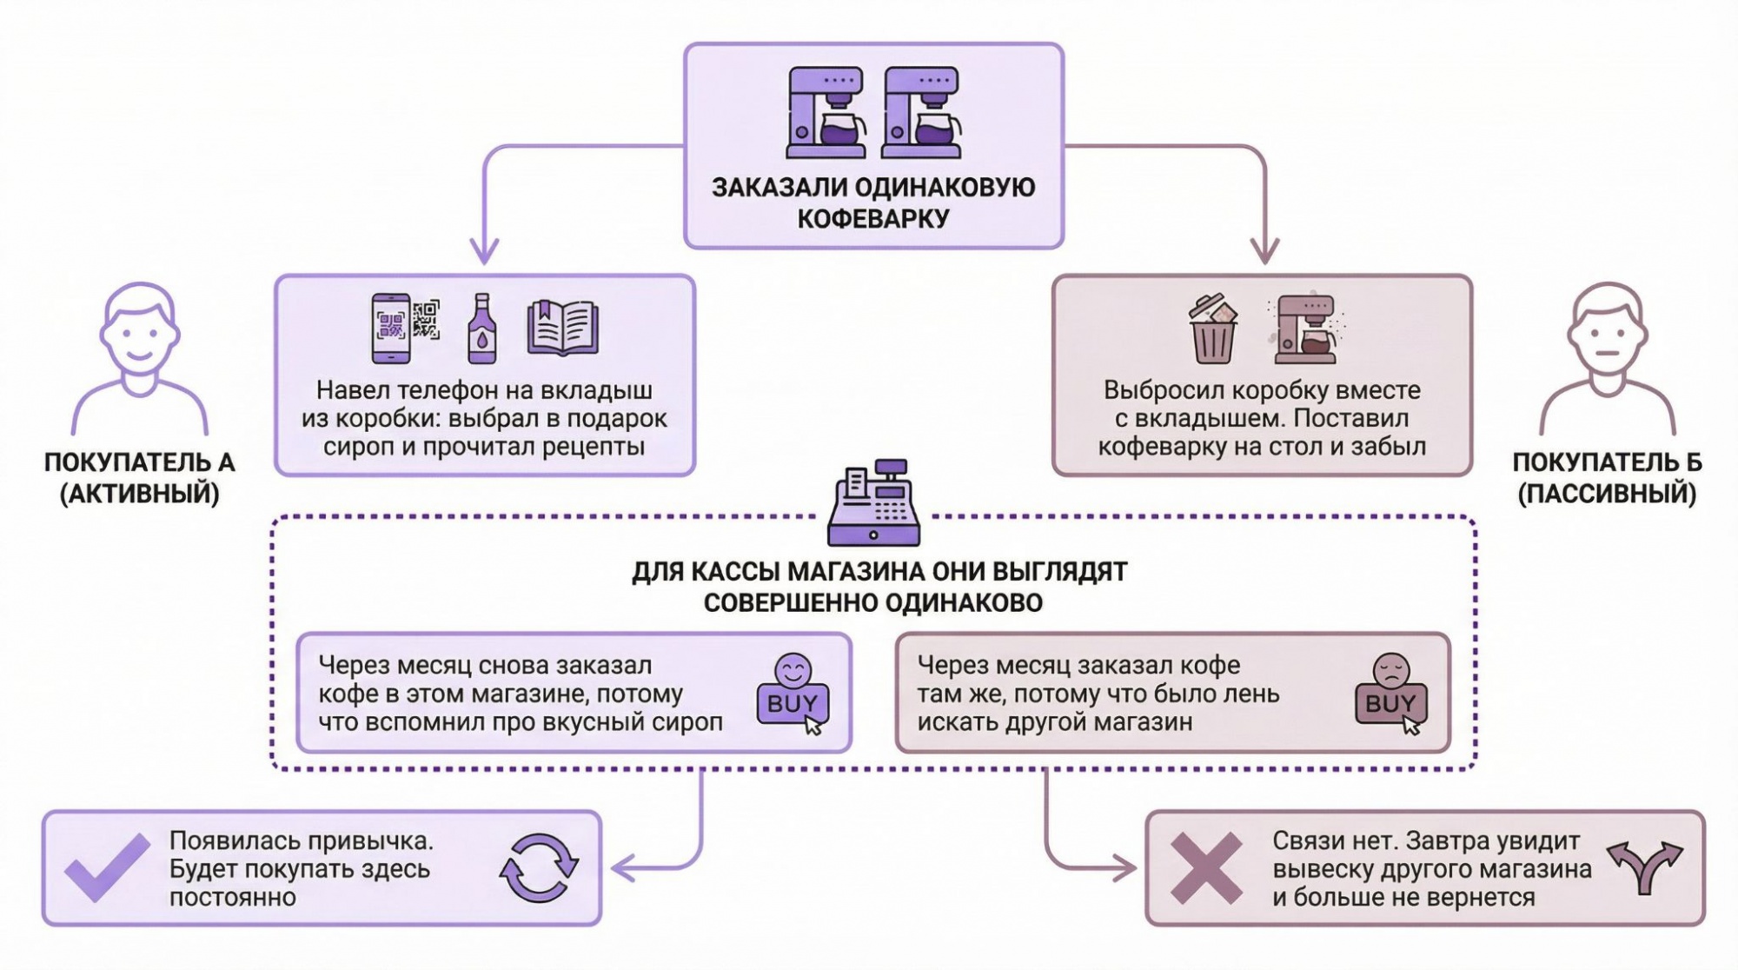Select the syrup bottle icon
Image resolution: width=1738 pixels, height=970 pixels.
[x=482, y=329]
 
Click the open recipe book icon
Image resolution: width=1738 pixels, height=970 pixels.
[x=562, y=328]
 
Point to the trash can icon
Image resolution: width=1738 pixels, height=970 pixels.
[x=1212, y=329]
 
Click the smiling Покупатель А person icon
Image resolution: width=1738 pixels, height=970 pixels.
[x=140, y=356]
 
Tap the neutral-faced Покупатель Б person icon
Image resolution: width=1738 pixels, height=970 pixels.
[x=1607, y=356]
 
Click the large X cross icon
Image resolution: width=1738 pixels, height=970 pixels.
[x=1206, y=867]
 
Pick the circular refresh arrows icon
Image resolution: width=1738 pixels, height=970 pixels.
[x=539, y=867]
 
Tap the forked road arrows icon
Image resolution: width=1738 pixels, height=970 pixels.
[x=1644, y=867]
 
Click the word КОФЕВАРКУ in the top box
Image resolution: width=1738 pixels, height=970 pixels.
[x=873, y=218]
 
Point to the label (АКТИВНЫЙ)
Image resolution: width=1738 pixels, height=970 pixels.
[x=140, y=494]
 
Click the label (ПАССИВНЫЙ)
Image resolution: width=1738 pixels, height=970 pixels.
[x=1607, y=494]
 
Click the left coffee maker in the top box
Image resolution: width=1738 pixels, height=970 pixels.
[x=826, y=113]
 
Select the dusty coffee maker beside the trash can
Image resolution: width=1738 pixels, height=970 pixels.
[x=1304, y=329]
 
